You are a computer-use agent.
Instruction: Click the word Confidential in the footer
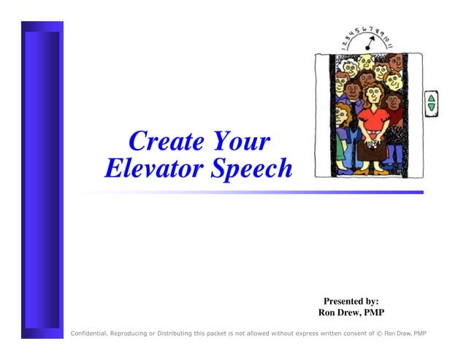point(88,334)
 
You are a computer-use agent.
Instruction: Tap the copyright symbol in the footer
point(379,334)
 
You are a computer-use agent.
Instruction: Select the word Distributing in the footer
point(170,334)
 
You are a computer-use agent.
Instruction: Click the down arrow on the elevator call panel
point(431,107)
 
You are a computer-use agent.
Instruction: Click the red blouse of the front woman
point(373,117)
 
